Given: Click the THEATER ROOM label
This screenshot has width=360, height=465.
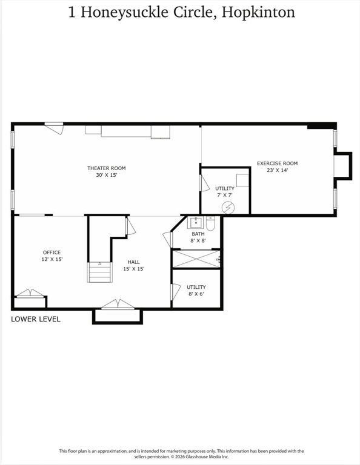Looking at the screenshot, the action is pos(106,168).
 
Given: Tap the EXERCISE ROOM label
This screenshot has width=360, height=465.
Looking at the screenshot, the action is pos(277,163).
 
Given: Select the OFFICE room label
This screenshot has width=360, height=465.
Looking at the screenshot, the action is pos(52,252).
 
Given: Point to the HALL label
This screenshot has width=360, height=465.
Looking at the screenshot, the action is pos(133,262).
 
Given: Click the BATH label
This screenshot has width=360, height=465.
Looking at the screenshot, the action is pos(198,234).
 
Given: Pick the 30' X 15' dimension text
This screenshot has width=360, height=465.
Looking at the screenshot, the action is pos(107,175).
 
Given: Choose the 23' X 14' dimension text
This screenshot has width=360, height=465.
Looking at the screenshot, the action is pos(278,170).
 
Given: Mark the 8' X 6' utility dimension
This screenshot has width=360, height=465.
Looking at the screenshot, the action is pos(196,294).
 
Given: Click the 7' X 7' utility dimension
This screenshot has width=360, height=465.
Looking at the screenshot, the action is pos(225,195).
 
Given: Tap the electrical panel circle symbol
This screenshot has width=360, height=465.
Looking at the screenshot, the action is pos(228,208).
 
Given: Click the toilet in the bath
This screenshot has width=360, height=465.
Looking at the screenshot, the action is pos(210,223).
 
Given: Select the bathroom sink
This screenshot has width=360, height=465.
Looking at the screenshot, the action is pos(196,222).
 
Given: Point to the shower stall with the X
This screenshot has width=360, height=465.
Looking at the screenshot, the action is pos(196,259).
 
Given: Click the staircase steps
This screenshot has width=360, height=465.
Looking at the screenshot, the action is pos(100,272).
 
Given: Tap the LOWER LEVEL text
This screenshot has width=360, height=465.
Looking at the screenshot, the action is pos(36,319).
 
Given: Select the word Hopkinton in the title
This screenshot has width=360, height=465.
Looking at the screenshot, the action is pos(258,13).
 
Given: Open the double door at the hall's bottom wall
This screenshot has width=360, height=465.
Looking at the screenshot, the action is pos(118,305).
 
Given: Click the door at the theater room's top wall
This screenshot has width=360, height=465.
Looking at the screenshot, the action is pos(54,128).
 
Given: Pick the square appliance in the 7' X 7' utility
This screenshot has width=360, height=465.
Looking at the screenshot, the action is pos(242,180).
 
